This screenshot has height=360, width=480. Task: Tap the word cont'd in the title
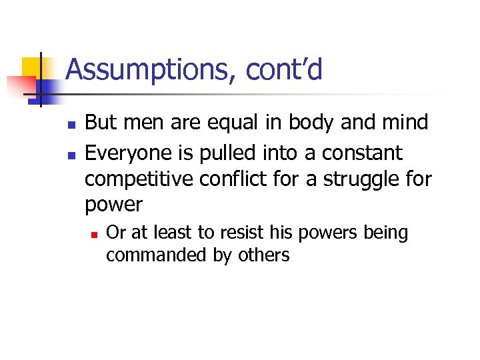(285, 70)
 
